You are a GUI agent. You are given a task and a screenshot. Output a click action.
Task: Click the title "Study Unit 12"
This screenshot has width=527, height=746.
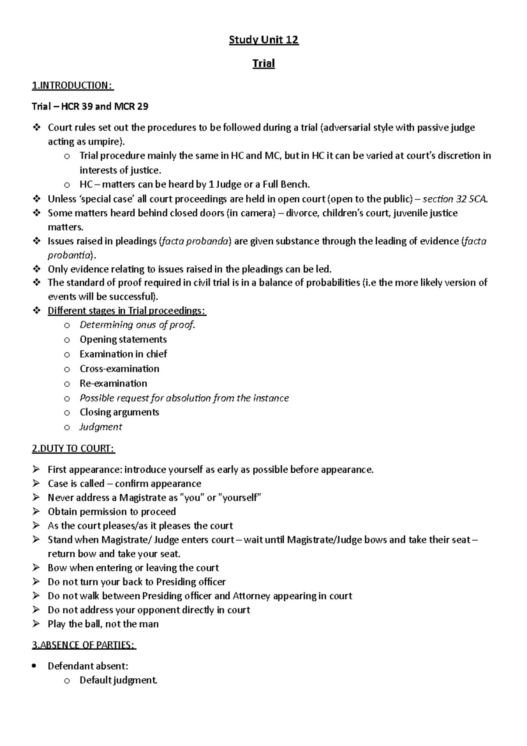pyautogui.click(x=263, y=40)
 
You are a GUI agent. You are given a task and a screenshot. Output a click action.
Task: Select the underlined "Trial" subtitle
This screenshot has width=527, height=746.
pyautogui.click(x=263, y=64)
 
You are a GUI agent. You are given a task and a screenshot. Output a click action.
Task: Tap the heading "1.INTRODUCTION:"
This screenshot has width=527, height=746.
pyautogui.click(x=72, y=85)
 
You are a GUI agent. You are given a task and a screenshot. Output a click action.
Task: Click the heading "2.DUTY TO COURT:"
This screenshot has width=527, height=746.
pyautogui.click(x=73, y=449)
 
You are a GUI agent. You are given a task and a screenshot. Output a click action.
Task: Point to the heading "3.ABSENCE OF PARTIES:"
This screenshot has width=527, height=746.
pyautogui.click(x=84, y=645)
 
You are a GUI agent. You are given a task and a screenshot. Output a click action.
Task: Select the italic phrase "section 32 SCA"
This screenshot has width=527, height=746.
pyautogui.click(x=455, y=199)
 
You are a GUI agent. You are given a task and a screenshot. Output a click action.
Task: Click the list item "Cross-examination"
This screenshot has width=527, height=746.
pyautogui.click(x=119, y=369)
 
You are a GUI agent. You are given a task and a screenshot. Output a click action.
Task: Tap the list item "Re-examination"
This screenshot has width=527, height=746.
pyautogui.click(x=113, y=383)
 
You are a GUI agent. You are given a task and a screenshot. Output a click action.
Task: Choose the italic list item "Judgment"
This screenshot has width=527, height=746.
pyautogui.click(x=101, y=427)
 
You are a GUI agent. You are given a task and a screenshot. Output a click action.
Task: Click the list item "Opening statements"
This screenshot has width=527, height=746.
pyautogui.click(x=123, y=340)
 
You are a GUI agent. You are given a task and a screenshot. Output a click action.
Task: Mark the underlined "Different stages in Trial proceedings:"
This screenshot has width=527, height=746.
pyautogui.click(x=126, y=311)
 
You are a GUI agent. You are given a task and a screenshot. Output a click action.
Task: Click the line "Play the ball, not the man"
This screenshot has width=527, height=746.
pyautogui.click(x=103, y=624)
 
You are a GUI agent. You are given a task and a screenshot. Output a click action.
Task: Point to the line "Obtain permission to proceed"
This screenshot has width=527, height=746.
pyautogui.click(x=112, y=512)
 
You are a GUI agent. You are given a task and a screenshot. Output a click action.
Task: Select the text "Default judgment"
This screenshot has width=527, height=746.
pyautogui.click(x=118, y=681)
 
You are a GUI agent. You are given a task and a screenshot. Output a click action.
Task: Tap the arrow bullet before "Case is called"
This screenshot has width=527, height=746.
pyautogui.click(x=36, y=484)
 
